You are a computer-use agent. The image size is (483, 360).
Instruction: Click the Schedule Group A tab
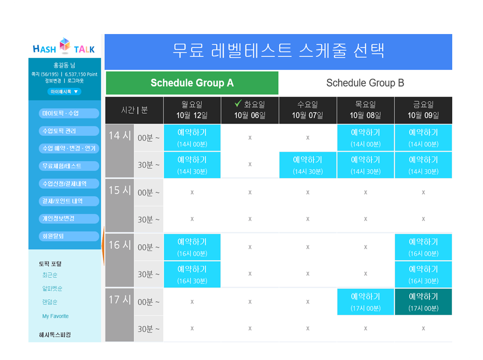tap(192, 83)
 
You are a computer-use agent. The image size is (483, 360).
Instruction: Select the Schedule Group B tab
tap(366, 83)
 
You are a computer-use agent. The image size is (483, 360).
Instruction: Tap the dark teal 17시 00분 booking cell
tap(423, 302)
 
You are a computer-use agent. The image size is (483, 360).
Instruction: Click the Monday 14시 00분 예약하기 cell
tap(192, 138)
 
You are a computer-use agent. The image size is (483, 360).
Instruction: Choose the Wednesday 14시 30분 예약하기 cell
tap(308, 165)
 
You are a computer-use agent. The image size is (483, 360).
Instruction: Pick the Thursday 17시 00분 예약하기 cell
tap(366, 302)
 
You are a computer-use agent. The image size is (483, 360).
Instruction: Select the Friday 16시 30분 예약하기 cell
tap(423, 274)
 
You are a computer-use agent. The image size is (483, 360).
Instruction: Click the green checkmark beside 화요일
tap(238, 103)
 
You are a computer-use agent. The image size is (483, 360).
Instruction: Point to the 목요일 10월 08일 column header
tap(366, 110)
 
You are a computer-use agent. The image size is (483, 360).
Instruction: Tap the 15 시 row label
tap(120, 190)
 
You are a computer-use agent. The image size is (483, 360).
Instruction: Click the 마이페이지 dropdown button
tap(64, 91)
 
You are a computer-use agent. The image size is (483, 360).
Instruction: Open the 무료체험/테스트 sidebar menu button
tap(69, 166)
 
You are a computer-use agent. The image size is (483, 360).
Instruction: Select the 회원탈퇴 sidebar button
tap(69, 236)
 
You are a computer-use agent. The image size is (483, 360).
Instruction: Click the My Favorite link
tap(55, 316)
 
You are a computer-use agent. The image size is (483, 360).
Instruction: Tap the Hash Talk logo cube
tap(65, 45)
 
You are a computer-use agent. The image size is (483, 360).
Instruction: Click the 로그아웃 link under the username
tap(76, 81)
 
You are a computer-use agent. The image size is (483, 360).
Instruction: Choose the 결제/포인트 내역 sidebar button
tap(69, 201)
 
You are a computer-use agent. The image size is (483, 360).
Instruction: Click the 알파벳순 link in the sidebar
tap(52, 289)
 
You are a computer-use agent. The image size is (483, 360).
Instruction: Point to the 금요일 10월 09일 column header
tap(423, 110)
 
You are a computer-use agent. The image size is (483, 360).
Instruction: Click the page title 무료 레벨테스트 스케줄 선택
tap(278, 50)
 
